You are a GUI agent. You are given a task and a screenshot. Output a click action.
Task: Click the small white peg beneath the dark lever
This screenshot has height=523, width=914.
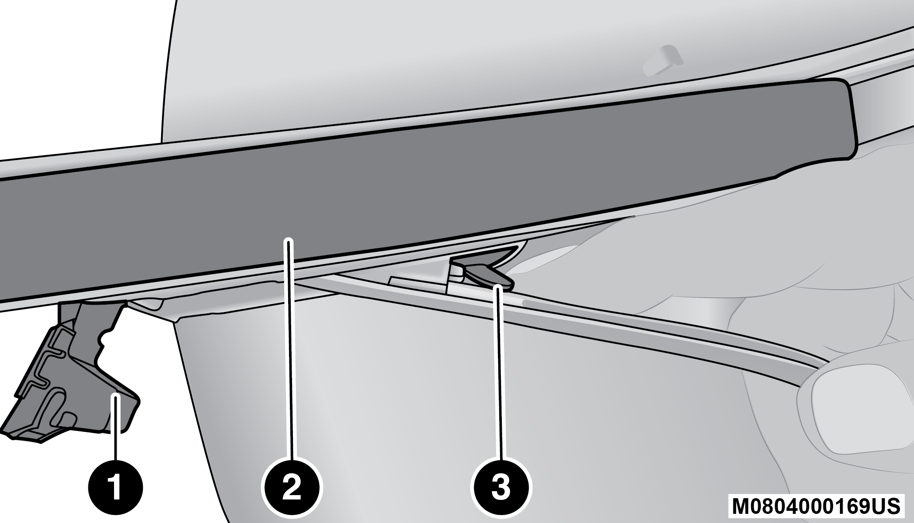tap(455, 272)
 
